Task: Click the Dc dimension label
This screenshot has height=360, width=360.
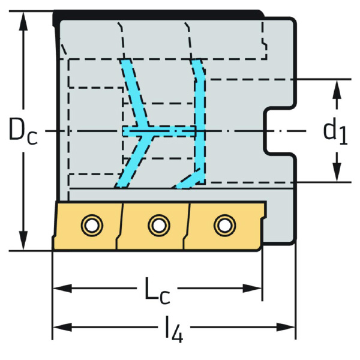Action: click(x=23, y=131)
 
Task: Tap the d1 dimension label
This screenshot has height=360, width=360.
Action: click(x=335, y=131)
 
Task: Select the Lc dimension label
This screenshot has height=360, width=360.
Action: click(x=157, y=291)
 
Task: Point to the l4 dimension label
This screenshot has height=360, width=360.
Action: click(x=174, y=329)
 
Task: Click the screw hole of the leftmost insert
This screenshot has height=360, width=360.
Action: click(x=92, y=225)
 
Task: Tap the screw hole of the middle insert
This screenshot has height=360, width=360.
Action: click(x=159, y=225)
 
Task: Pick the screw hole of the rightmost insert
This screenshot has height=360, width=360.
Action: click(x=224, y=225)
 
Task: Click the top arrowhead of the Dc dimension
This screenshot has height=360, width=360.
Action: click(x=23, y=21)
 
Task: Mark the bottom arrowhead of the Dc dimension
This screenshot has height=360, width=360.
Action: click(x=23, y=241)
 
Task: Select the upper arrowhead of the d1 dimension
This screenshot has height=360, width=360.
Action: click(x=337, y=89)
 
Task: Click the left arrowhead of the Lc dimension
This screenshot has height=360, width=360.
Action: click(x=62, y=289)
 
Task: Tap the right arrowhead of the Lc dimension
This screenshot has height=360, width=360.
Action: click(x=253, y=289)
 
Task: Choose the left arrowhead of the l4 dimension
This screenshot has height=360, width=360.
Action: click(x=62, y=327)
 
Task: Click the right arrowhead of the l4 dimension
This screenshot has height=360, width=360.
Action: click(x=286, y=327)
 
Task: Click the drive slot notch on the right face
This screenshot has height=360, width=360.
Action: click(x=278, y=131)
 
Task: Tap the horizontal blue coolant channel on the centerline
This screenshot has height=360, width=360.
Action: click(x=159, y=131)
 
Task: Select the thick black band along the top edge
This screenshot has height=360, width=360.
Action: click(x=158, y=15)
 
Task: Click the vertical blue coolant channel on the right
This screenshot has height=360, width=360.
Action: click(x=199, y=119)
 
